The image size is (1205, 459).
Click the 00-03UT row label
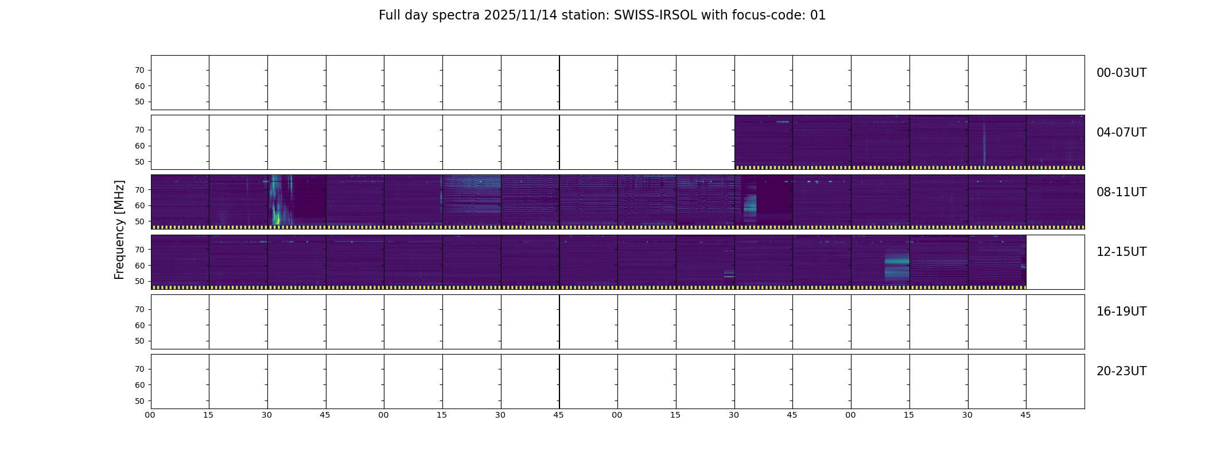[x=1121, y=73]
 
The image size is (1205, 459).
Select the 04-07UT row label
[x=1121, y=133]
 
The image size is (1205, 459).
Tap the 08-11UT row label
[x=1121, y=192]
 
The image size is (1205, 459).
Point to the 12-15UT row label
[x=1121, y=252]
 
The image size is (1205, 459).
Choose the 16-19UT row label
[x=1121, y=312]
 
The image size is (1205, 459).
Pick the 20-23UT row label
[x=1121, y=371]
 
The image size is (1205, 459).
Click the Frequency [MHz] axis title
[x=119, y=230]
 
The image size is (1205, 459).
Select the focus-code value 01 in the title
[x=818, y=15]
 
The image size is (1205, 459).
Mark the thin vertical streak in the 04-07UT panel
[x=984, y=143]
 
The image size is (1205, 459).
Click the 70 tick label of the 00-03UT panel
[x=139, y=71]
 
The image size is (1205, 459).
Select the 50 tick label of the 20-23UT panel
[x=139, y=401]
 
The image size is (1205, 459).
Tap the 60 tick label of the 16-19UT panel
[x=139, y=325]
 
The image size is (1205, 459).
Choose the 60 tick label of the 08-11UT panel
[x=139, y=205]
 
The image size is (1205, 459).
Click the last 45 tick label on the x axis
[x=1025, y=415]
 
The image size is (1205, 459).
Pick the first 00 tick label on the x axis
[x=150, y=415]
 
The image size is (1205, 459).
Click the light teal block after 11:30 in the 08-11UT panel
[x=750, y=208]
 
